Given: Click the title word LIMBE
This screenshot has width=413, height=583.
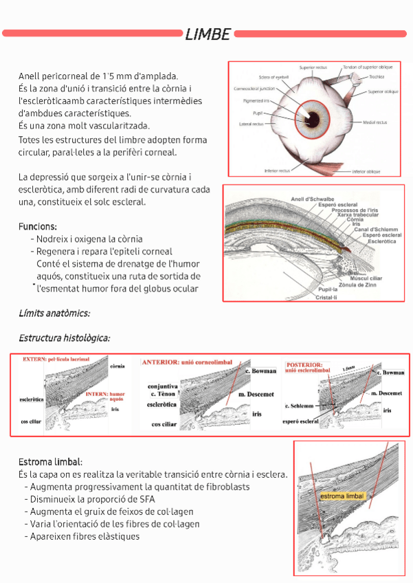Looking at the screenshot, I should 207,34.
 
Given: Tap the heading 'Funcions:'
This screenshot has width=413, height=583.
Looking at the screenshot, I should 38,226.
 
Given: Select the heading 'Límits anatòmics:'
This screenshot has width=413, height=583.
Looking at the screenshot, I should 54,313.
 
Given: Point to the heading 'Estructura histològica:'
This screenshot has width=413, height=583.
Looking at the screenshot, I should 65,338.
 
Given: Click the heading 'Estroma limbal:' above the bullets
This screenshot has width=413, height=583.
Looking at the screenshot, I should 51,462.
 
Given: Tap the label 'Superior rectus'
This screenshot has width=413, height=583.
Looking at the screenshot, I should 313,67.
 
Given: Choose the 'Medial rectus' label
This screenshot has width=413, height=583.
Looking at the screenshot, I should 375,122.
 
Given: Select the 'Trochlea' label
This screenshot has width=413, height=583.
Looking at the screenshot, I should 376,77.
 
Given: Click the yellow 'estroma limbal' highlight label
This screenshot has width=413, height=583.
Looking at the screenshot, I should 341,496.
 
